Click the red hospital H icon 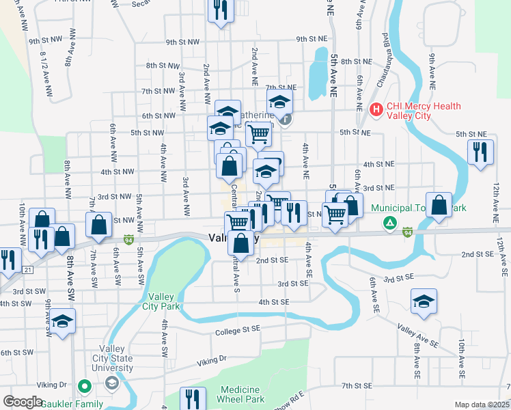pyautogui.click(x=375, y=109)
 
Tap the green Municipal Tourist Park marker pyautogui.click(x=389, y=222)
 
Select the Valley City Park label pyautogui.click(x=165, y=302)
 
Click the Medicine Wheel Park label pyautogui.click(x=241, y=394)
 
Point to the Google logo pyautogui.click(x=23, y=402)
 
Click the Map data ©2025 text pyautogui.click(x=482, y=405)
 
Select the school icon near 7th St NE pyautogui.click(x=279, y=103)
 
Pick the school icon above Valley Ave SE pyautogui.click(x=424, y=301)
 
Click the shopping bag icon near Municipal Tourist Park pyautogui.click(x=438, y=205)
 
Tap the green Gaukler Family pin pyautogui.click(x=85, y=387)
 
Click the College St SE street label pyautogui.click(x=238, y=331)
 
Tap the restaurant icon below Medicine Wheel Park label pyautogui.click(x=192, y=398)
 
